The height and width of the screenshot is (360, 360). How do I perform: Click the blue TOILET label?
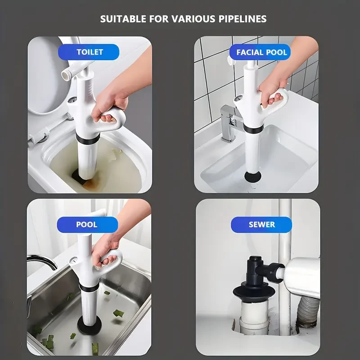(89, 52)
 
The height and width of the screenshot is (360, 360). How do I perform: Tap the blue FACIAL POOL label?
(261, 52)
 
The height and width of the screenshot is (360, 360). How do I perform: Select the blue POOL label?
(87, 224)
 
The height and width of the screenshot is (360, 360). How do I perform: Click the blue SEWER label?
(261, 224)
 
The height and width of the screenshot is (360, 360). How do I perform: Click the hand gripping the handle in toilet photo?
(107, 106)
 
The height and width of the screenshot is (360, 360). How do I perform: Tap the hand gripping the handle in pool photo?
(104, 250)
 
